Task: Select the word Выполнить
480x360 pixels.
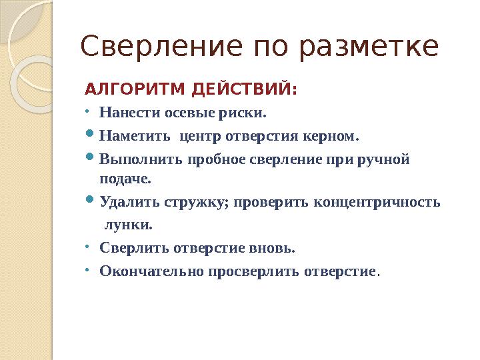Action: [x=141, y=160]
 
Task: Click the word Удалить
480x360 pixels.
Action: [x=125, y=201]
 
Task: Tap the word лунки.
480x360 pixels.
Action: [x=124, y=225]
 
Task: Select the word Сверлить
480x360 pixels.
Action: [x=135, y=248]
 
